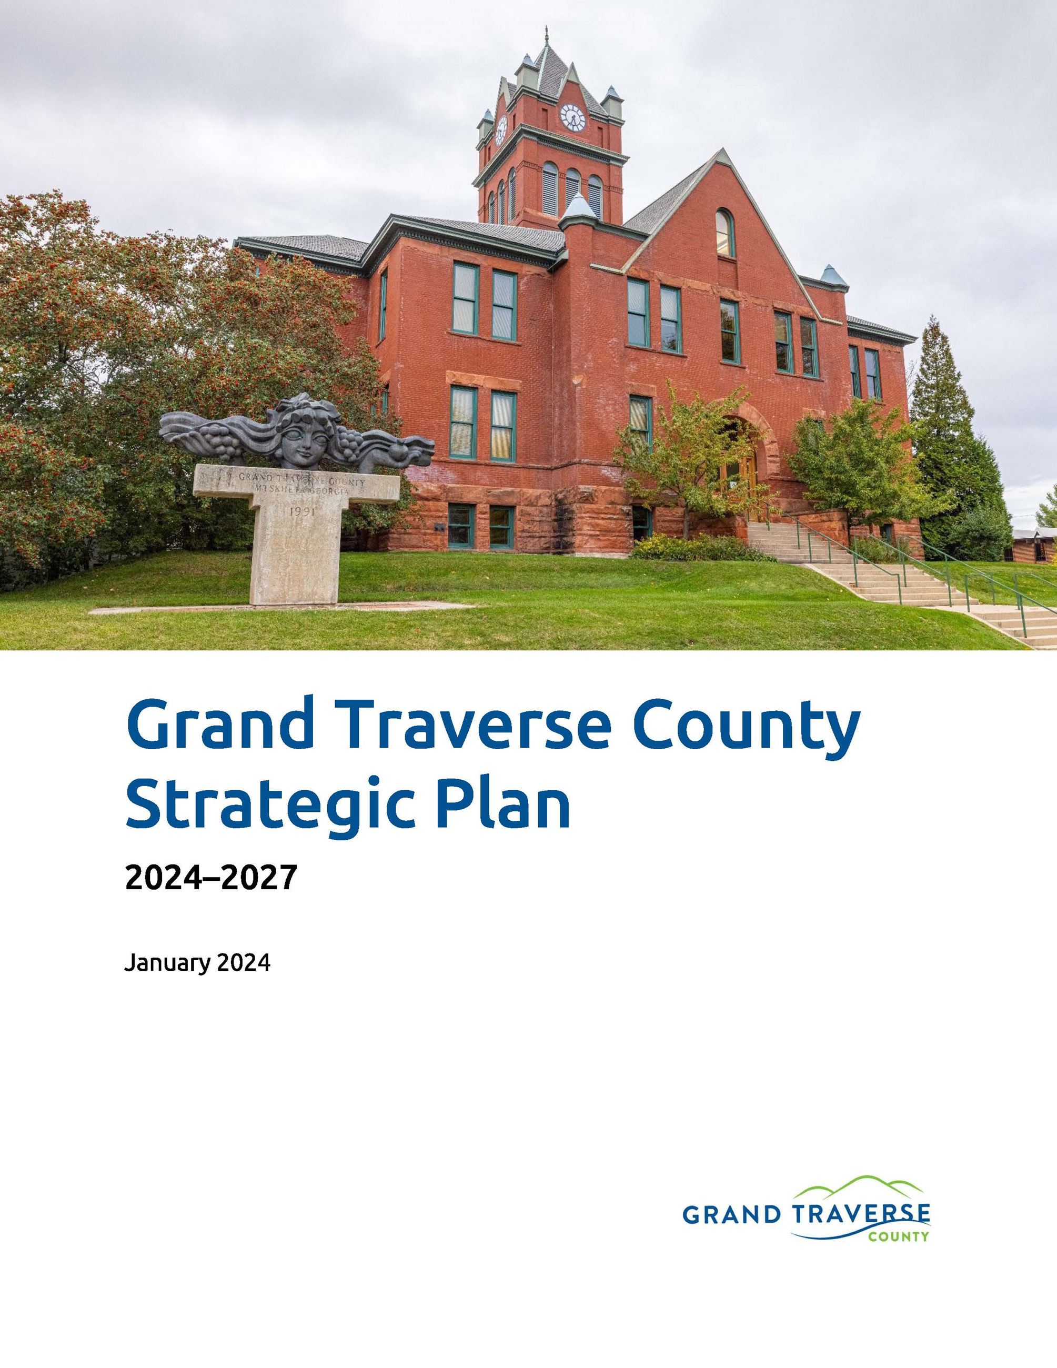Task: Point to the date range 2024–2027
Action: pyautogui.click(x=210, y=877)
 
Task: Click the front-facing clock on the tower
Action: pyautogui.click(x=572, y=117)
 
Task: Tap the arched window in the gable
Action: pyautogui.click(x=724, y=233)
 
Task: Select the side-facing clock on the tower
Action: pyautogui.click(x=501, y=130)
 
